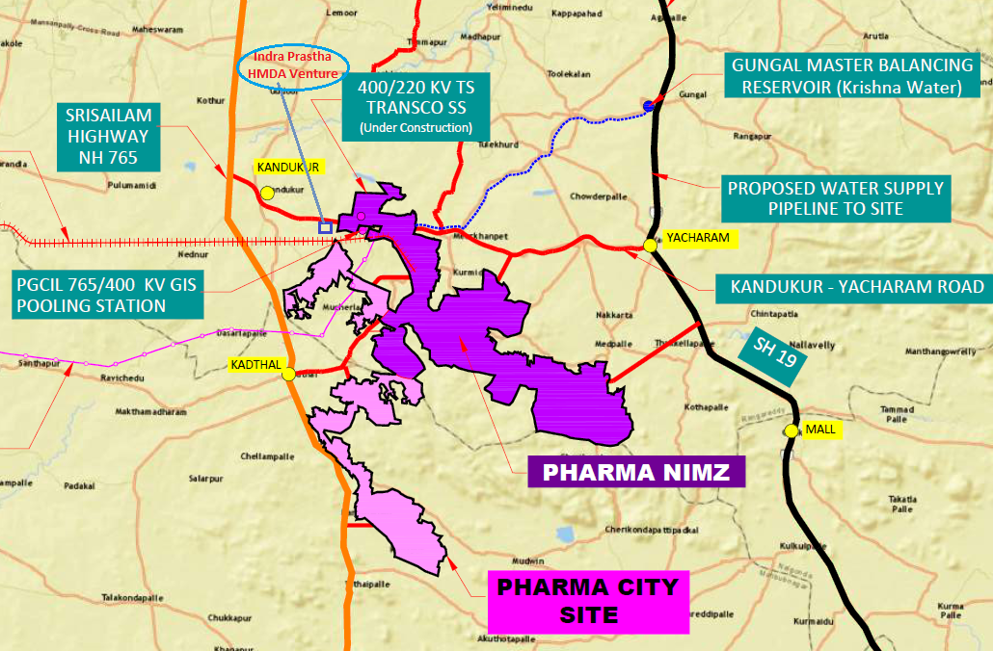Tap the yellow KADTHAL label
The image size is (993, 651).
tap(253, 365)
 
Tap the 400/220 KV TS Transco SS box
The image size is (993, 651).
tap(416, 106)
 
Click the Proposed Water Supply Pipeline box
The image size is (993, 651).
tap(835, 198)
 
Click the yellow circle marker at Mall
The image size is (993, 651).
tap(792, 431)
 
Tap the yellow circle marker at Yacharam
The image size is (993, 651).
tap(651, 246)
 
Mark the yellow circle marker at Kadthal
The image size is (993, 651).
tap(288, 375)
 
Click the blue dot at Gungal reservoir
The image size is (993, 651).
tap(650, 105)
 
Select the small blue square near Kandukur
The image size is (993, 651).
tap(325, 227)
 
